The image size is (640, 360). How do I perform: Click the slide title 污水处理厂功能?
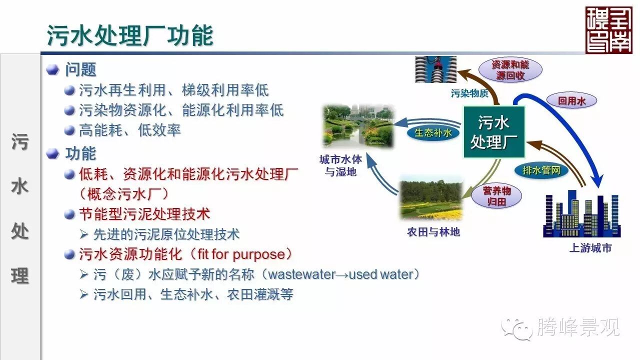[x=130, y=35]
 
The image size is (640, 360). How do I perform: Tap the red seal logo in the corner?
[x=608, y=30]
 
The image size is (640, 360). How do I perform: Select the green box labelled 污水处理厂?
[x=494, y=132]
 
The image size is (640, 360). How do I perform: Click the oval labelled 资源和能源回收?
[x=510, y=70]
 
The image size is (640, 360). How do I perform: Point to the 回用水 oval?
[x=571, y=101]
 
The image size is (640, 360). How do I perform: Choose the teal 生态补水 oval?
[x=433, y=133]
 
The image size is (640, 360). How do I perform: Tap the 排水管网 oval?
[x=541, y=170]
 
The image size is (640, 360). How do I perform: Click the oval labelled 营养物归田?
[x=496, y=196]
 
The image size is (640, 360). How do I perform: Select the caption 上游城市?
[x=590, y=248]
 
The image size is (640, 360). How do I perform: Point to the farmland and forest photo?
[x=431, y=197]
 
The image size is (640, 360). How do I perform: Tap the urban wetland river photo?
[x=358, y=126]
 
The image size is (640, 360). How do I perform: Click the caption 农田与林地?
[x=433, y=232]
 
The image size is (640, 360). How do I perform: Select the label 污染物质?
[x=469, y=93]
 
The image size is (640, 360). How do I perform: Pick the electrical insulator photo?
[x=435, y=69]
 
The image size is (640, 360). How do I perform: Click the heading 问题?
[x=80, y=69]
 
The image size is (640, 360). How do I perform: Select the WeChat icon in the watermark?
[x=517, y=329]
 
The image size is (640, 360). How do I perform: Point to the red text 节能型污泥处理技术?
[x=144, y=214]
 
